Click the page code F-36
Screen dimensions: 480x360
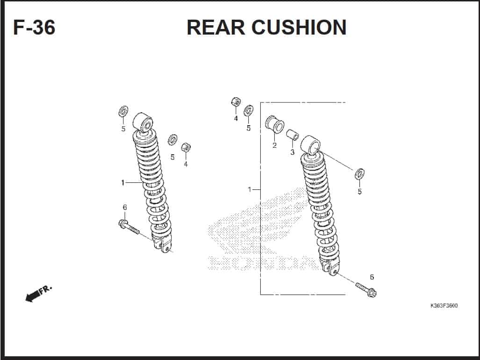click(x=34, y=27)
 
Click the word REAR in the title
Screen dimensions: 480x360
click(x=216, y=27)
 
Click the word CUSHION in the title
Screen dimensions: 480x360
click(x=299, y=27)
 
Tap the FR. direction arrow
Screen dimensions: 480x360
click(x=38, y=294)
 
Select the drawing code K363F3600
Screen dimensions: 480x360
click(x=444, y=305)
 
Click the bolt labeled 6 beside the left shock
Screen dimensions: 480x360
click(x=129, y=227)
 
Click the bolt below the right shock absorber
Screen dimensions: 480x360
click(x=366, y=290)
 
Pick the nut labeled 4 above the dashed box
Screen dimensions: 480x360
click(x=236, y=101)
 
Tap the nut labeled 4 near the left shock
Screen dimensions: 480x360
click(x=186, y=147)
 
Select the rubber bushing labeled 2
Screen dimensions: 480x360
click(x=274, y=124)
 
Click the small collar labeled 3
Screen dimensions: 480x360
click(x=293, y=135)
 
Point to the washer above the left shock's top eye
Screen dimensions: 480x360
click(x=123, y=111)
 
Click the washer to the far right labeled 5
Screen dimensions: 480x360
click(x=359, y=174)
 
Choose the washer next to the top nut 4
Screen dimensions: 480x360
click(x=248, y=110)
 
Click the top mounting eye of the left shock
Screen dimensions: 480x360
click(x=143, y=122)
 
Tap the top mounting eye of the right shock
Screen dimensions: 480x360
click(x=310, y=145)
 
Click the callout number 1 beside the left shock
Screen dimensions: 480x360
click(x=123, y=183)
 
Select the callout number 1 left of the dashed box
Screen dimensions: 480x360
click(x=250, y=190)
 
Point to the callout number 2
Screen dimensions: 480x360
click(x=274, y=145)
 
